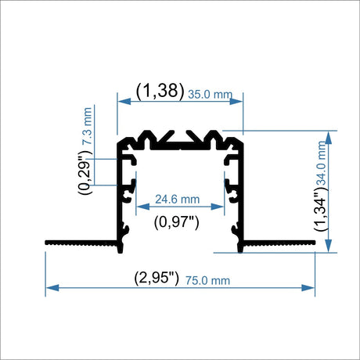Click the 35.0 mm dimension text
pyautogui.click(x=210, y=95)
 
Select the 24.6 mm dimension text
pyautogui.click(x=178, y=200)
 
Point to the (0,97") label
pyautogui.click(x=177, y=222)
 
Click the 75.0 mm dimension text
pyautogui.click(x=207, y=281)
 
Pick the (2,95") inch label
pyautogui.click(x=157, y=278)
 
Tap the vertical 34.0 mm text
pyautogui.click(x=322, y=163)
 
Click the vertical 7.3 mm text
pyautogui.click(x=87, y=126)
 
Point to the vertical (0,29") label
pyautogui.click(x=85, y=173)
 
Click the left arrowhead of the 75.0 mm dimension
pyautogui.click(x=52, y=288)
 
